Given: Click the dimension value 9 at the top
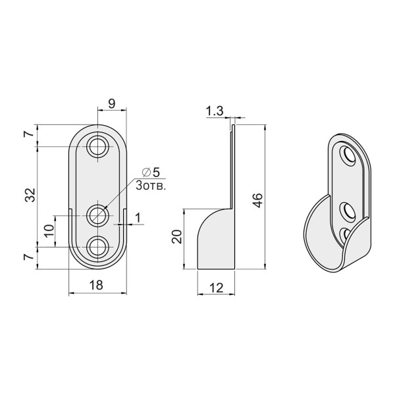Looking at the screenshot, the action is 112,103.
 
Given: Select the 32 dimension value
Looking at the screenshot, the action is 30,195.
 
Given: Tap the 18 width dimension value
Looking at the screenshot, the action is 96,285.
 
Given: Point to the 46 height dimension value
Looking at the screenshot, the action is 257,201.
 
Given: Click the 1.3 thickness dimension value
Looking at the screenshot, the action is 215,111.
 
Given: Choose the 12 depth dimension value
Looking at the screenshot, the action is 216,288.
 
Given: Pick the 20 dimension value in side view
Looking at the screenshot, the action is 176,236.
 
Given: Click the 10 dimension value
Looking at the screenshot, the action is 49,231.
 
